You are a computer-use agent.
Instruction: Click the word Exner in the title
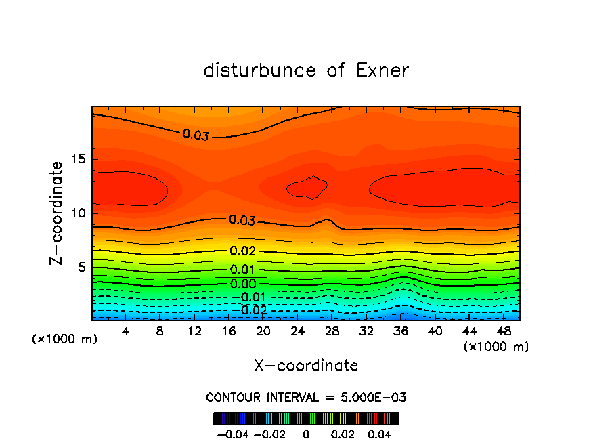[383, 70]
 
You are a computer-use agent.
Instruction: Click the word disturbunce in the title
[260, 70]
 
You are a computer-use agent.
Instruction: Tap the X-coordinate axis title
[306, 366]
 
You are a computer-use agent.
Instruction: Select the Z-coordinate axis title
[58, 213]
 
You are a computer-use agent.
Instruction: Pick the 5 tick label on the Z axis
[80, 268]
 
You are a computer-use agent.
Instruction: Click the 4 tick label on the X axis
[125, 331]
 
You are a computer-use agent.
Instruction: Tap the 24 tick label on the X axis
[297, 331]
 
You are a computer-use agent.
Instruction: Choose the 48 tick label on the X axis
[504, 331]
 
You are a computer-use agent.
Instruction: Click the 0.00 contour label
[242, 284]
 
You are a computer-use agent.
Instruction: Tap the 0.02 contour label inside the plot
[242, 251]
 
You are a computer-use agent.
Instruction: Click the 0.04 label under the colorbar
[380, 434]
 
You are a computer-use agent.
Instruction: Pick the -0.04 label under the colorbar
[232, 434]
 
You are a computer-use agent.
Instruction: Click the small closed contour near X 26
[307, 188]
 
